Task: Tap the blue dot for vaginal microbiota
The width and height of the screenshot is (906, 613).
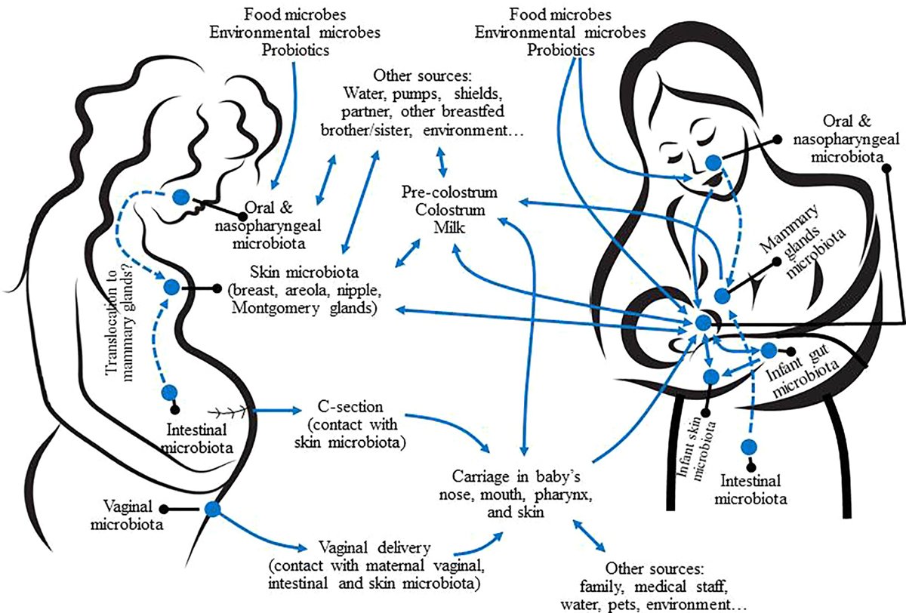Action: coord(212,510)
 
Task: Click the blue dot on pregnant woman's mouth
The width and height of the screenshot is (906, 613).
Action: coord(180,197)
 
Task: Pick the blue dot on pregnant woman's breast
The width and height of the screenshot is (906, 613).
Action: coord(171,288)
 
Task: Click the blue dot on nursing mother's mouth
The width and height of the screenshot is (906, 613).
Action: coord(713,162)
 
